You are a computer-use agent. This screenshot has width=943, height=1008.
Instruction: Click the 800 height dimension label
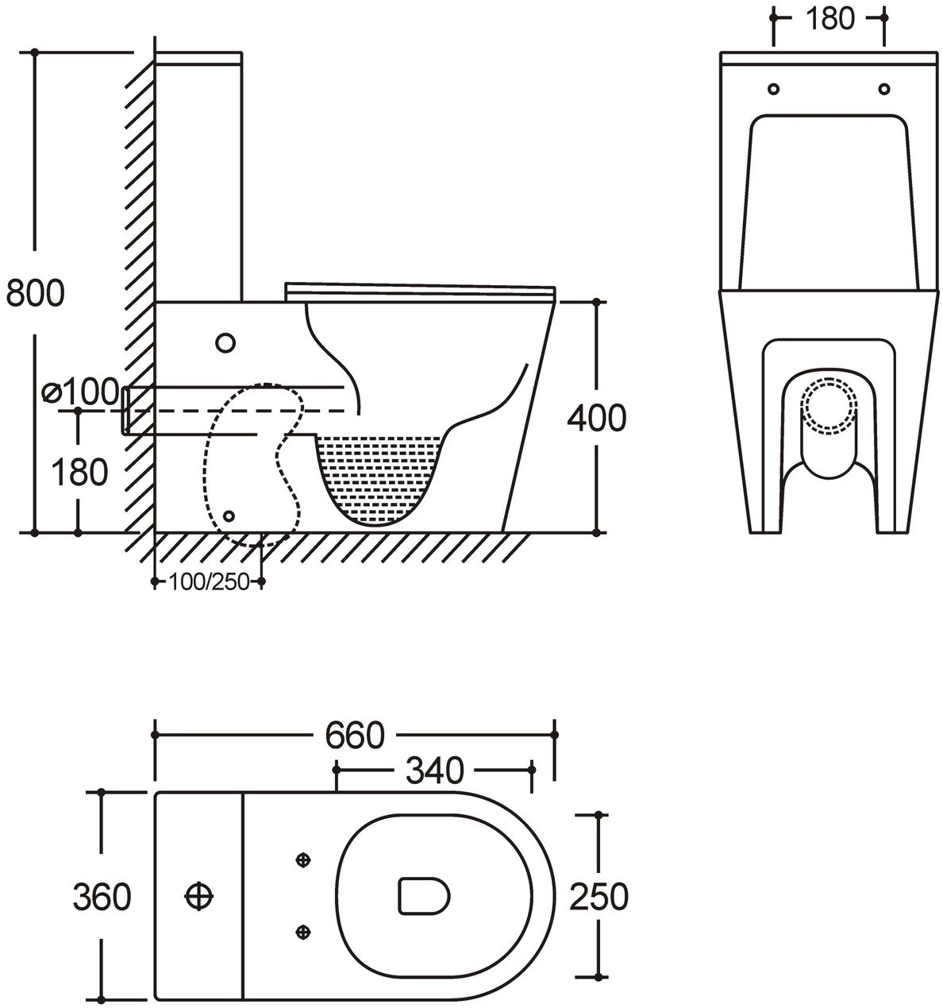[36, 293]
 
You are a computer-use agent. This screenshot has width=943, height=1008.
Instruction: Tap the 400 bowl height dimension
[597, 419]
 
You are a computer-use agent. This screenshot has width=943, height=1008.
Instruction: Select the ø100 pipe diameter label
[80, 392]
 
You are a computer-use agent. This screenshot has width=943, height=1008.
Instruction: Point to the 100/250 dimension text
[209, 582]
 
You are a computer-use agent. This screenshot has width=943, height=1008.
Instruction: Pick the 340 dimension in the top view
[435, 770]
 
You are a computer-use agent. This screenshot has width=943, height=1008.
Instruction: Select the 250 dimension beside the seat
[599, 897]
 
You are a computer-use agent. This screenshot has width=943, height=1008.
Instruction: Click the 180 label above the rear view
[829, 18]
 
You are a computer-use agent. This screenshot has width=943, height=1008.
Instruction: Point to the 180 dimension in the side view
[79, 472]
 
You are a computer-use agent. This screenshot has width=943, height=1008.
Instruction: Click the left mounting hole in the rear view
[773, 89]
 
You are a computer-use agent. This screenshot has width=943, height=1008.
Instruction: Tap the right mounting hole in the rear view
[883, 89]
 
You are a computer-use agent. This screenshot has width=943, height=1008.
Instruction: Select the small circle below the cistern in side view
[225, 343]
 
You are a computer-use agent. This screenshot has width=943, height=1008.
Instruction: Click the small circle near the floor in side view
[229, 516]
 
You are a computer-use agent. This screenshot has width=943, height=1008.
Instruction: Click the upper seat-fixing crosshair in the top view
[303, 859]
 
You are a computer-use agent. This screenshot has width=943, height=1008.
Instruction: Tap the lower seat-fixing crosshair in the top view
[303, 932]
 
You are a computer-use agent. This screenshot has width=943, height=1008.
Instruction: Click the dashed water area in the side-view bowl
[378, 477]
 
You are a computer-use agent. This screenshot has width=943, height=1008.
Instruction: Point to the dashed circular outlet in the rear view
[829, 406]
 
